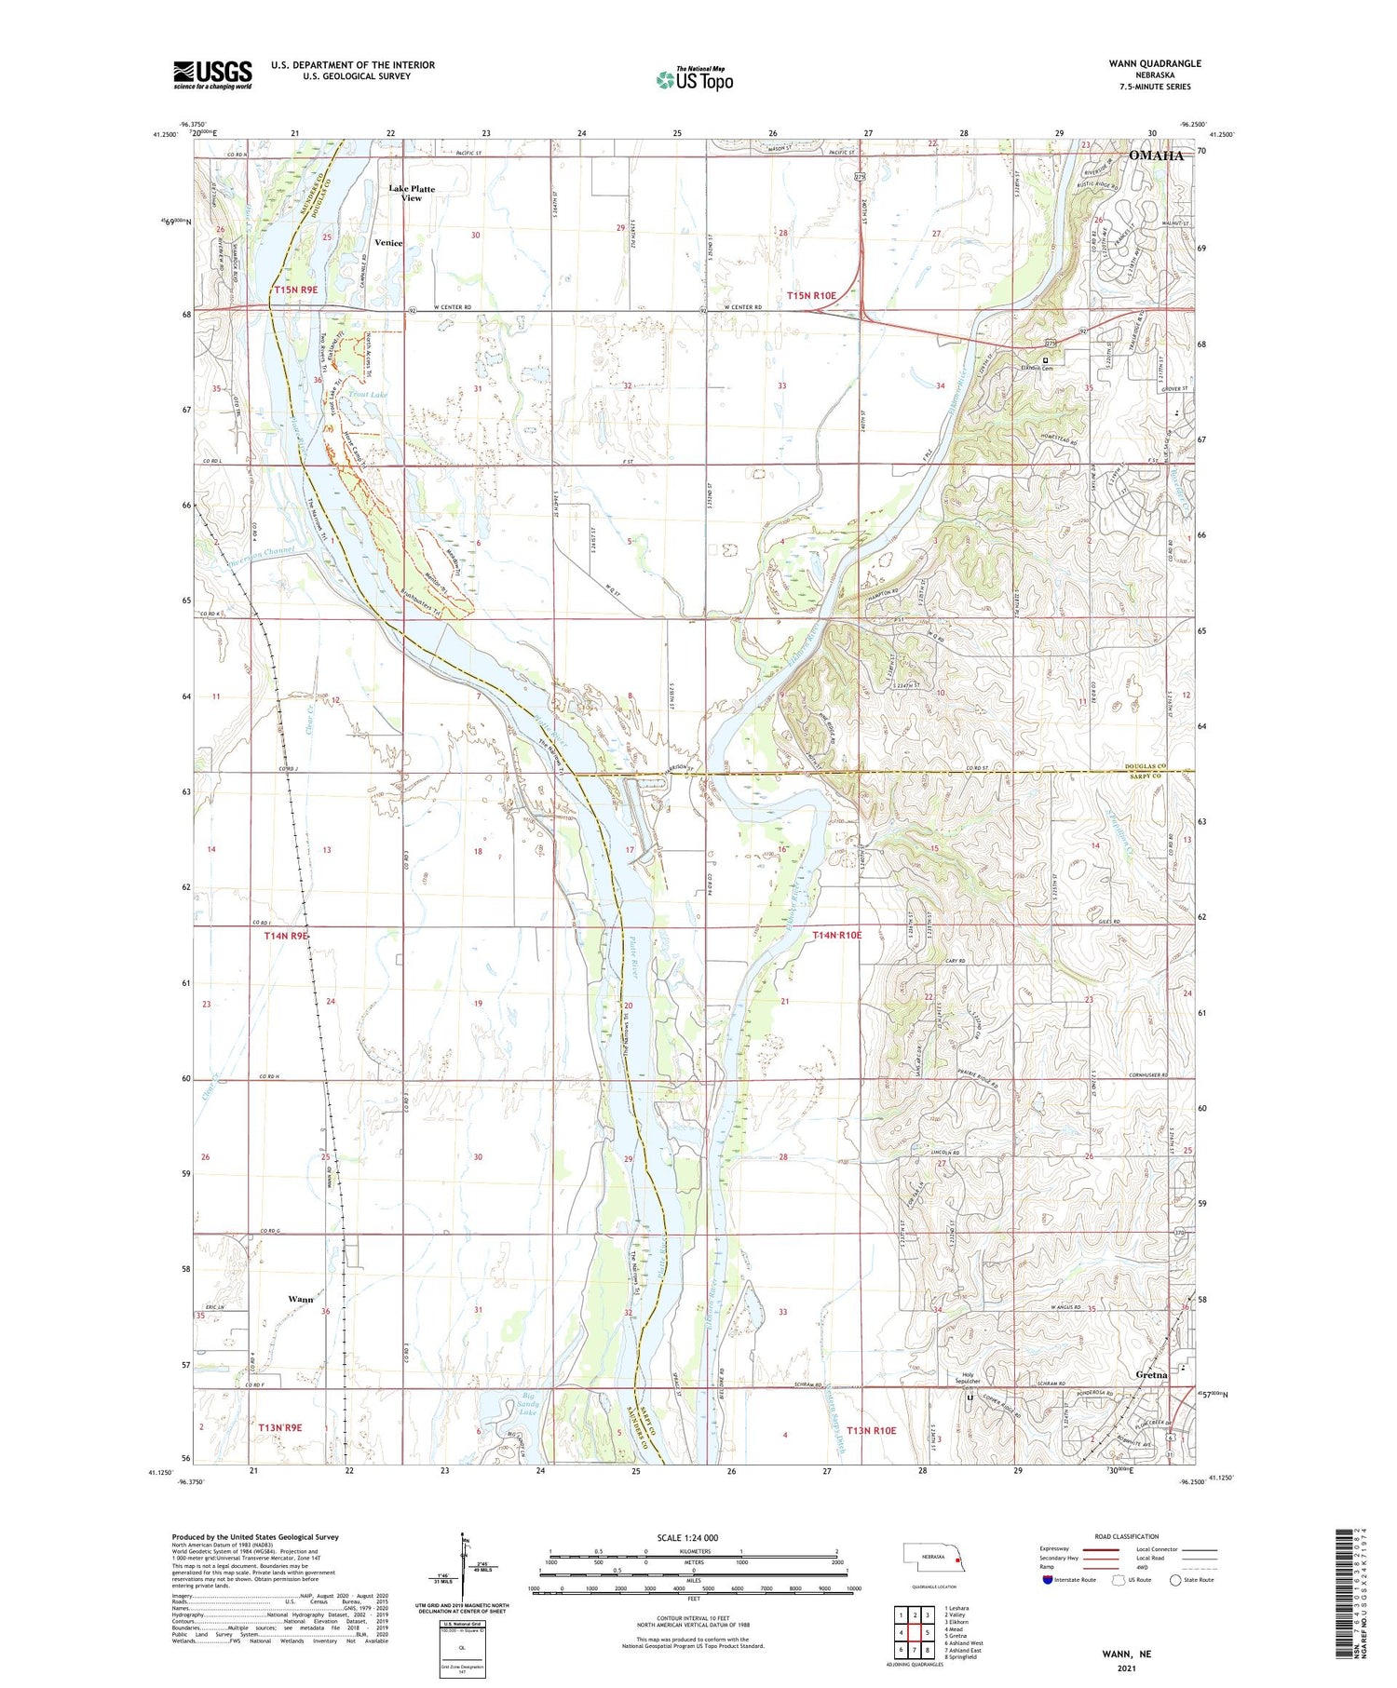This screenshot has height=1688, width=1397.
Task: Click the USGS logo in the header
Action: tap(212, 74)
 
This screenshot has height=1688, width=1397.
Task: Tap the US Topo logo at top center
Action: tap(694, 80)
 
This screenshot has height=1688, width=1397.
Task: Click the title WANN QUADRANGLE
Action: tap(1154, 63)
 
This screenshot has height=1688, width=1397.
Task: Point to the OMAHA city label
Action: tap(1156, 155)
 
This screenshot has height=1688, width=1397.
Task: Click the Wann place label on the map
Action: tap(300, 1298)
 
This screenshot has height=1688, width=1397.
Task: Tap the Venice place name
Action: tap(388, 242)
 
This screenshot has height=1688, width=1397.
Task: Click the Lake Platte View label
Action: tap(411, 193)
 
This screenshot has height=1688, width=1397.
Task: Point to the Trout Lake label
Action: tap(368, 395)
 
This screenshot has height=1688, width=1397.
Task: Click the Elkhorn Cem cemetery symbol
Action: tap(1045, 360)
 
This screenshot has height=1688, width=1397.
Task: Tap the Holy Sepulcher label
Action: tap(969, 1379)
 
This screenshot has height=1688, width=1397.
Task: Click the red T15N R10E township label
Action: tap(811, 295)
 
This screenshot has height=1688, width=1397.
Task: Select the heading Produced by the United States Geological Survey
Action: tap(255, 1537)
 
